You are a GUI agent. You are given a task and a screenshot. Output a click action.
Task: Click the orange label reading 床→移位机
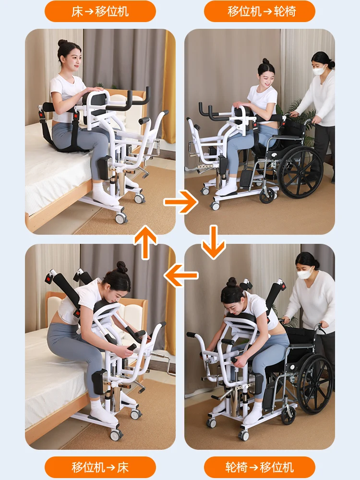point(100,12)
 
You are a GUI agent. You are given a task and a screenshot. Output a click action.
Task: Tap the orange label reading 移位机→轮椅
point(260,12)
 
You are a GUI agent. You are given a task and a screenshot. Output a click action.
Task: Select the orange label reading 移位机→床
point(100,467)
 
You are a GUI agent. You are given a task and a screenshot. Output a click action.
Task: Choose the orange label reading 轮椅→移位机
point(260,467)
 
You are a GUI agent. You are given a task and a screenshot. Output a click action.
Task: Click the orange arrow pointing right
point(180,202)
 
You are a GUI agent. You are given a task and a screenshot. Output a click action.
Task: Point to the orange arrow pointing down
point(214,242)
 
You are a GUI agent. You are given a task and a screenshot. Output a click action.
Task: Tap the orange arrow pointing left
point(181,275)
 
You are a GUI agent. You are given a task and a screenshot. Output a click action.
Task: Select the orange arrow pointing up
point(146,242)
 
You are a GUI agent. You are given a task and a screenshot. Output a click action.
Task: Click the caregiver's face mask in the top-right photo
point(319,70)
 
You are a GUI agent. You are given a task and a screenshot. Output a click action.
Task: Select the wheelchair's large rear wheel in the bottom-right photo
point(315,384)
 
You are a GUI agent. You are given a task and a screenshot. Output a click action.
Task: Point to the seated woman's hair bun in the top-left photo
point(62,43)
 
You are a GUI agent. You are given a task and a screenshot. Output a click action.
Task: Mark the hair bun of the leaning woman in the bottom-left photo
point(121,267)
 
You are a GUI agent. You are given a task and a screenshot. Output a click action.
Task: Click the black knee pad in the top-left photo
point(104,167)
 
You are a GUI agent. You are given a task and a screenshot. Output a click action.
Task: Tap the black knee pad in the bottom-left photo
point(99,382)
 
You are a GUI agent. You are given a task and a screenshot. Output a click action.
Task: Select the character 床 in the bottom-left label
point(122,467)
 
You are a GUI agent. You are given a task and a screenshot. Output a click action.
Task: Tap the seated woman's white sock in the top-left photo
point(104,194)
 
